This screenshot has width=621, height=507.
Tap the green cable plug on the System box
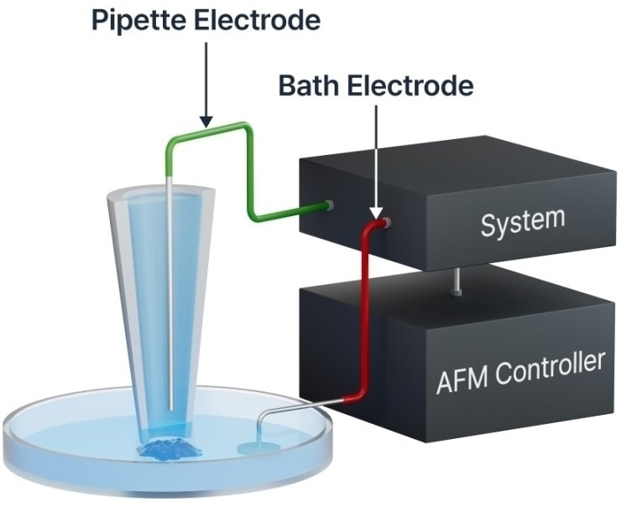(328, 204)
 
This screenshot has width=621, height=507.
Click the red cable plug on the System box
(384, 223)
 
